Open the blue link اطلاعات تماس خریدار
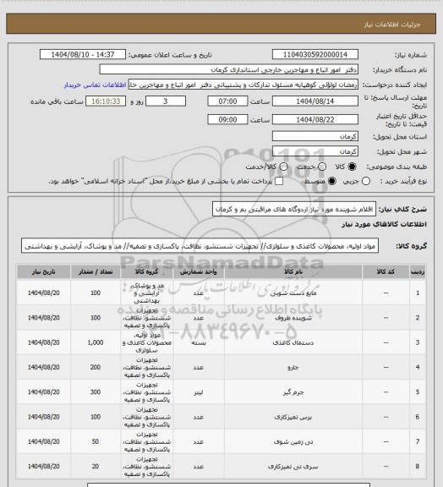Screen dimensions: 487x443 point(96,85)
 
